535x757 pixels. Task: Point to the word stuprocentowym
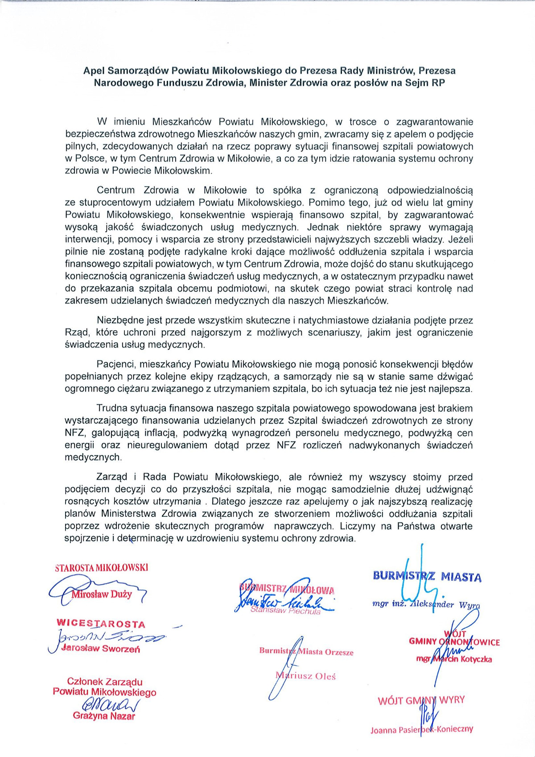click(x=117, y=203)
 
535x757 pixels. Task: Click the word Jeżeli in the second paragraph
click(x=460, y=239)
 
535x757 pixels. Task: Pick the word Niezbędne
click(x=119, y=320)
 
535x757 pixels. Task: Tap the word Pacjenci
click(x=115, y=364)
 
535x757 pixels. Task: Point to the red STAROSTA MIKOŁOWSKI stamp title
click(x=101, y=568)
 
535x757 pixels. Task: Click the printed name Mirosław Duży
click(x=102, y=594)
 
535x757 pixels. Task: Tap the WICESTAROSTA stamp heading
click(x=101, y=623)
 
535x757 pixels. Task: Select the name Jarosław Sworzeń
click(x=100, y=648)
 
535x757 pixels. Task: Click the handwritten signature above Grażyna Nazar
click(x=111, y=705)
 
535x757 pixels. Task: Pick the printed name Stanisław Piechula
click(x=285, y=611)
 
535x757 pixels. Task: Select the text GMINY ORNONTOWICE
click(x=454, y=642)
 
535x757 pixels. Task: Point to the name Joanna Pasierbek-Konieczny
click(x=421, y=729)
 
